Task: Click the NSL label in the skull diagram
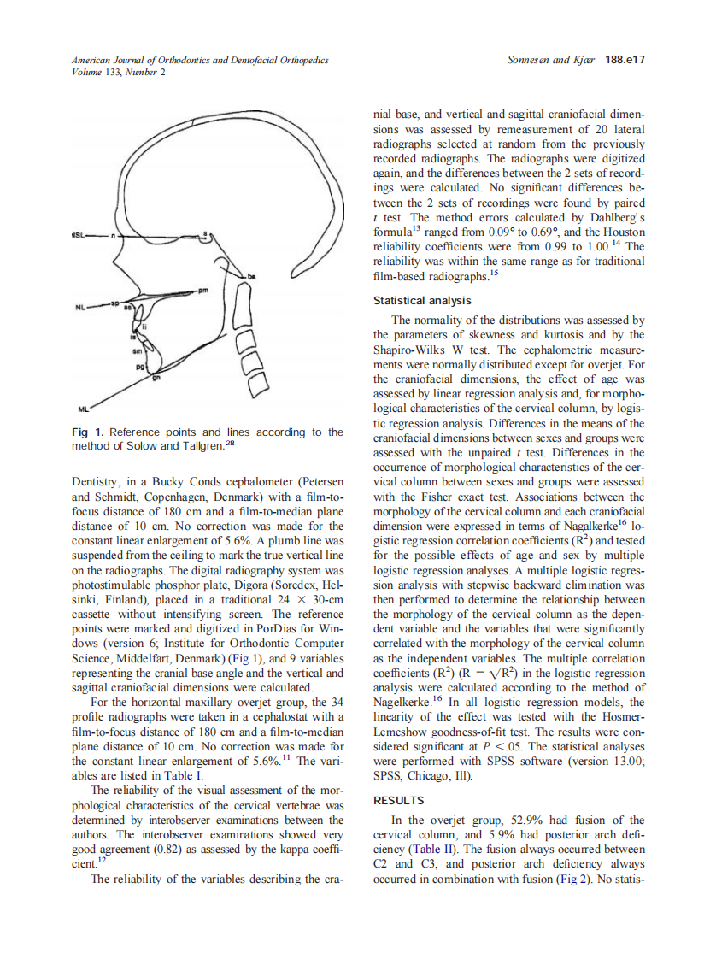click(x=79, y=235)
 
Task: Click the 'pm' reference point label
click(x=202, y=291)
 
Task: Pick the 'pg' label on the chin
click(x=137, y=364)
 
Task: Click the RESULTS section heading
click(x=399, y=801)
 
